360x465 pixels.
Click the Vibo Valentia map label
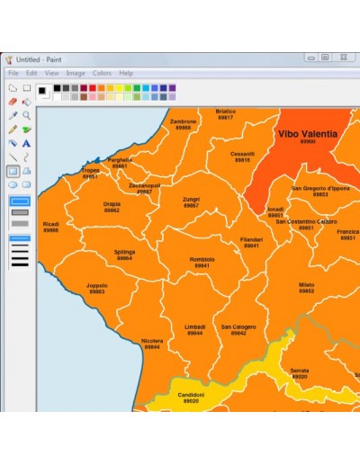pyautogui.click(x=307, y=134)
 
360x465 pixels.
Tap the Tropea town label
pyautogui.click(x=91, y=170)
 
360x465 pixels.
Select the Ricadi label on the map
pyautogui.click(x=51, y=224)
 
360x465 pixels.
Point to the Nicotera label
pyautogui.click(x=152, y=341)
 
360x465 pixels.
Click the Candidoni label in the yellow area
pyautogui.click(x=190, y=395)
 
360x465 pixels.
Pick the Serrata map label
pyautogui.click(x=300, y=371)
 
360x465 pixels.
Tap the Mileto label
pyautogui.click(x=306, y=285)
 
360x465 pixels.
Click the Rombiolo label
pyautogui.click(x=202, y=260)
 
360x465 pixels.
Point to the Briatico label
pyautogui.click(x=226, y=112)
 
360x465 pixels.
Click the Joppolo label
pyautogui.click(x=96, y=286)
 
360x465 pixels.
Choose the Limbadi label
pyautogui.click(x=195, y=326)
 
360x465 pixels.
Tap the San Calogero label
pyautogui.click(x=238, y=326)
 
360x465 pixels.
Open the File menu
pyautogui.click(x=13, y=73)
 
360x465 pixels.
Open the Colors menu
pyautogui.click(x=102, y=73)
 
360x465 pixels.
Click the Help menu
pyautogui.click(x=126, y=73)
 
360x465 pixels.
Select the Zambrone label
pyautogui.click(x=183, y=122)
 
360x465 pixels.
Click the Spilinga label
pyautogui.click(x=125, y=253)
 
